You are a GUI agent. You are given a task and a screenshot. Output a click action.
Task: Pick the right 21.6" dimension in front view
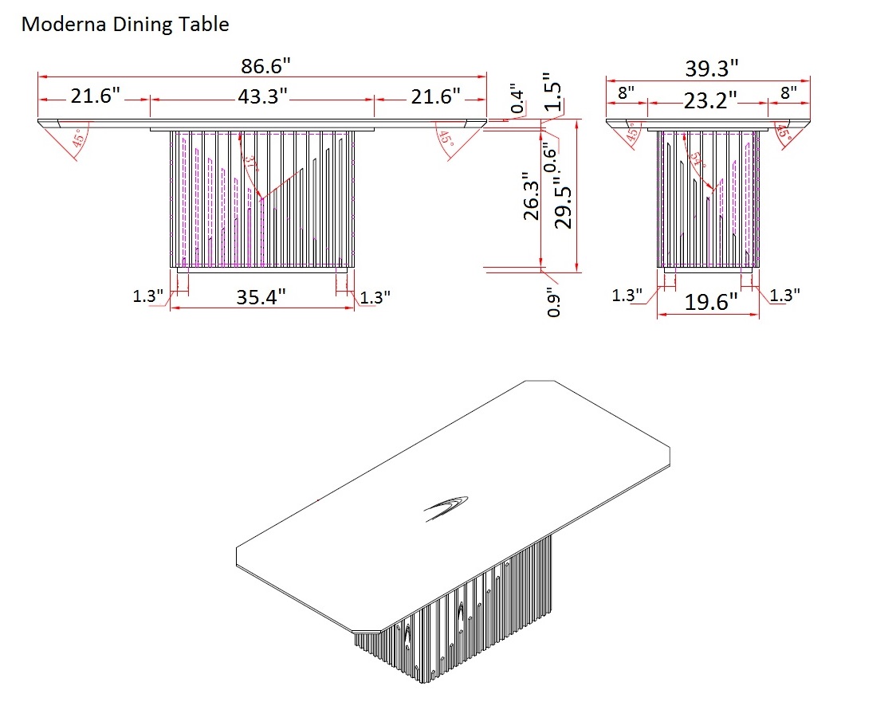pos(435,97)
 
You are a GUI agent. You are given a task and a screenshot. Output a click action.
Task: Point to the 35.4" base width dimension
pos(261,297)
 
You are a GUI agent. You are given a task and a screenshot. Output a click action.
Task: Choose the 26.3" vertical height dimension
pos(532,196)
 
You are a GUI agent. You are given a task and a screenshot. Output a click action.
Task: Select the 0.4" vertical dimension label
pos(519,98)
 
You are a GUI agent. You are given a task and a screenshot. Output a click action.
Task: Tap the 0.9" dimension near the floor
pos(555,305)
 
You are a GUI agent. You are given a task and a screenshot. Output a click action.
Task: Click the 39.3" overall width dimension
pos(712,69)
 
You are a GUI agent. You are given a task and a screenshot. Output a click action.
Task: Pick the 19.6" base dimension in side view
pos(711,302)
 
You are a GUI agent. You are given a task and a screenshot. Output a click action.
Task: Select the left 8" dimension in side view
pos(626,92)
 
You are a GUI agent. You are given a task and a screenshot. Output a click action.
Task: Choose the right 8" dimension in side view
pos(788,92)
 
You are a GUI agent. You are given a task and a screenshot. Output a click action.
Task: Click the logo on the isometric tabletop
pos(447,507)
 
